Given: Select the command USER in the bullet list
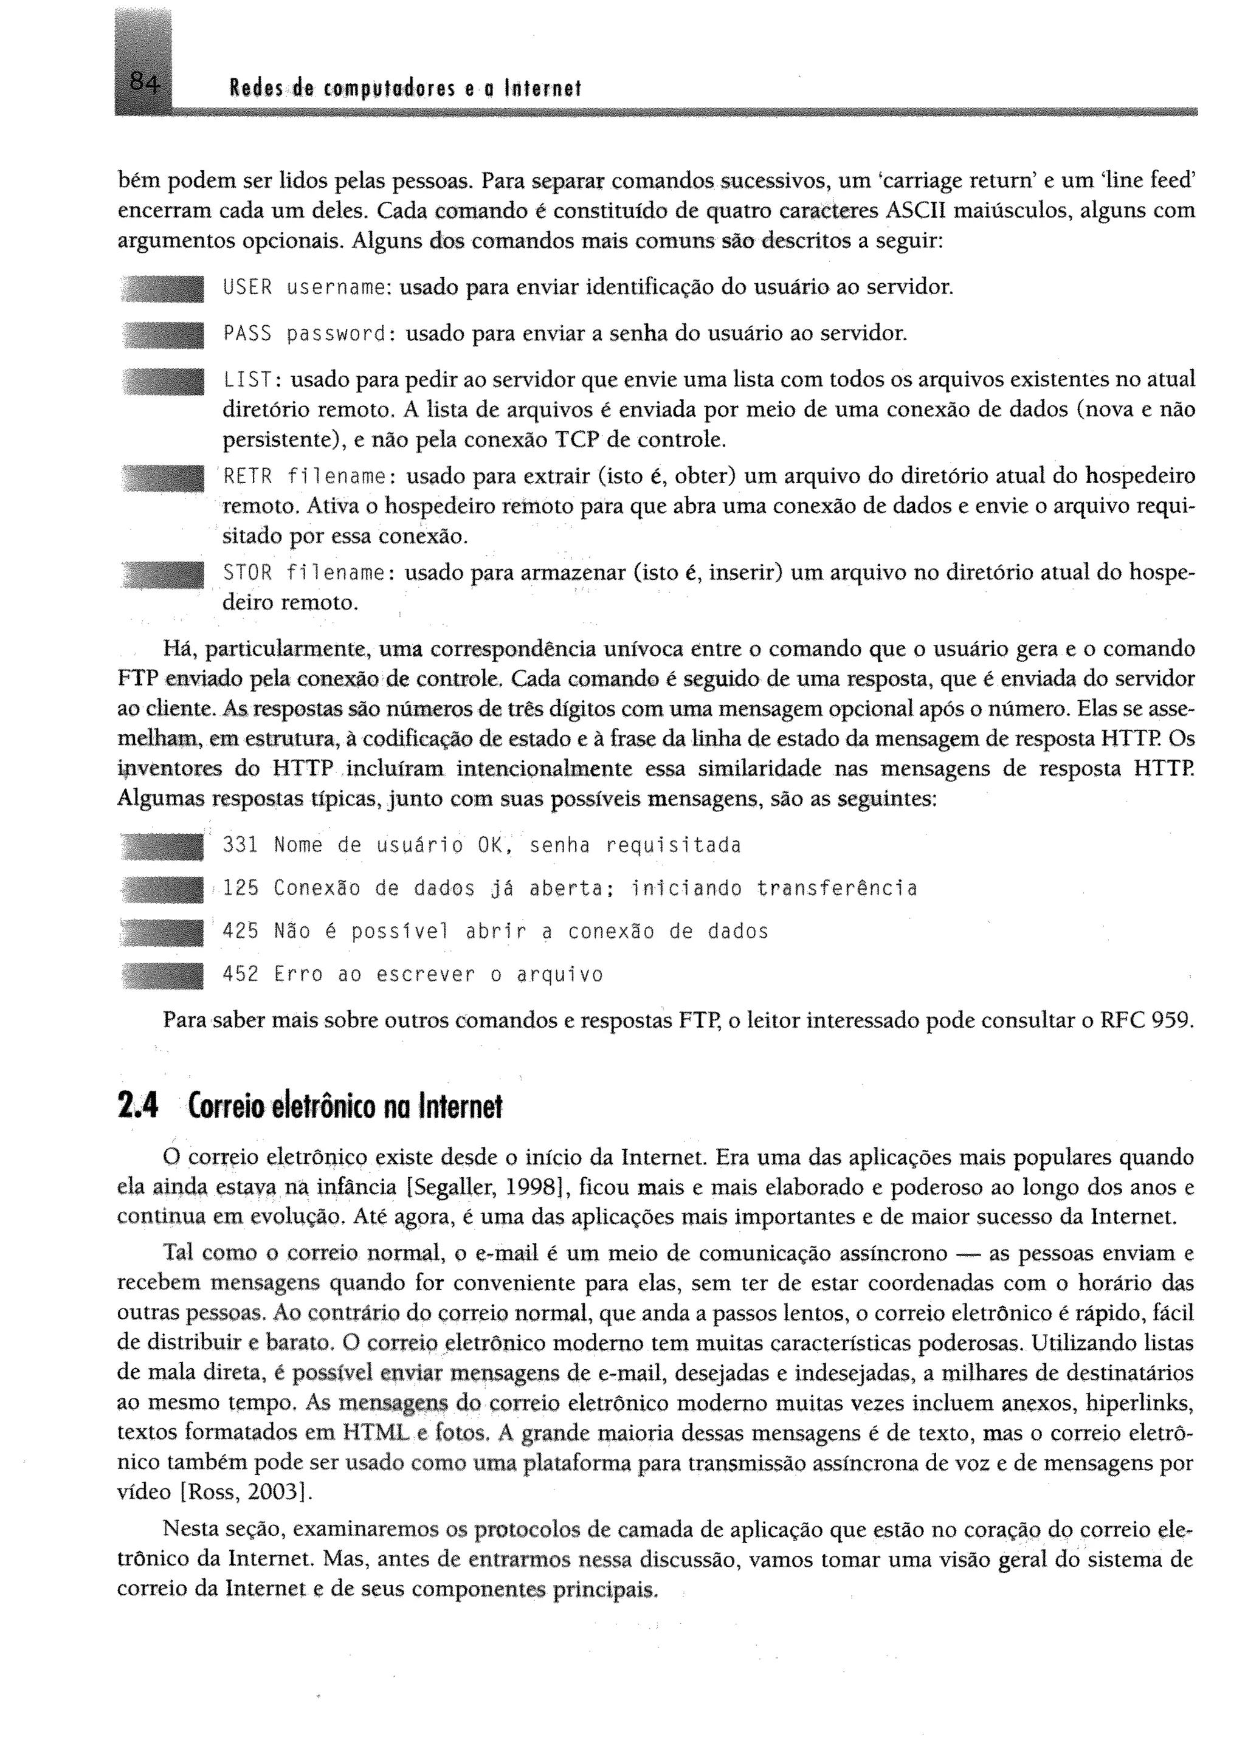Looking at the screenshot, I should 247,288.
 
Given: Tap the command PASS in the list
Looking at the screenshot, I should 247,334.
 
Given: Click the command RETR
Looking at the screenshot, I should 247,477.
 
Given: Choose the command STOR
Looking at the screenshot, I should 247,573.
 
